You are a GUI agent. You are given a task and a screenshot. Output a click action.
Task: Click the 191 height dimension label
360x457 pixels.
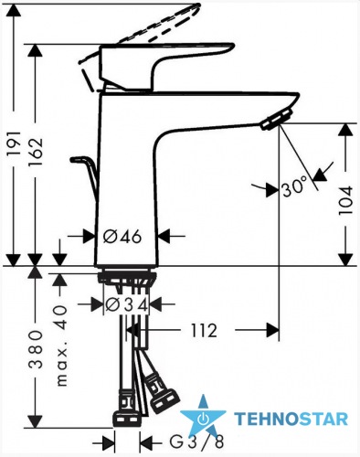[14, 143]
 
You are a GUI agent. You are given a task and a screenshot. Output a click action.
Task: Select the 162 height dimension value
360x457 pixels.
[35, 151]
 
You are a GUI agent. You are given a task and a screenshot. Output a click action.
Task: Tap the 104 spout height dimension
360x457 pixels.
[345, 200]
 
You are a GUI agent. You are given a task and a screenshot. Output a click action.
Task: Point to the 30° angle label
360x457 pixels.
[294, 188]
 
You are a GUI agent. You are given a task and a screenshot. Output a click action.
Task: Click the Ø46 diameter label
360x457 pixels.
[122, 236]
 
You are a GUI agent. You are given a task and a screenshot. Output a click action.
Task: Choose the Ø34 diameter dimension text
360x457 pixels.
[127, 305]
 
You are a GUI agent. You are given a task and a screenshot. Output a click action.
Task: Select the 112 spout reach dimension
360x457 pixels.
[204, 330]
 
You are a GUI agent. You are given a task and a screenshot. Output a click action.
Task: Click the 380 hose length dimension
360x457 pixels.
[37, 349]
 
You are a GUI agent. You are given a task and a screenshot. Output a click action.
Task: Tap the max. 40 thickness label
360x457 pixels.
[61, 345]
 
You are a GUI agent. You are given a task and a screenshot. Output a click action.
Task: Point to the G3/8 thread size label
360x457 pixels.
[196, 442]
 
